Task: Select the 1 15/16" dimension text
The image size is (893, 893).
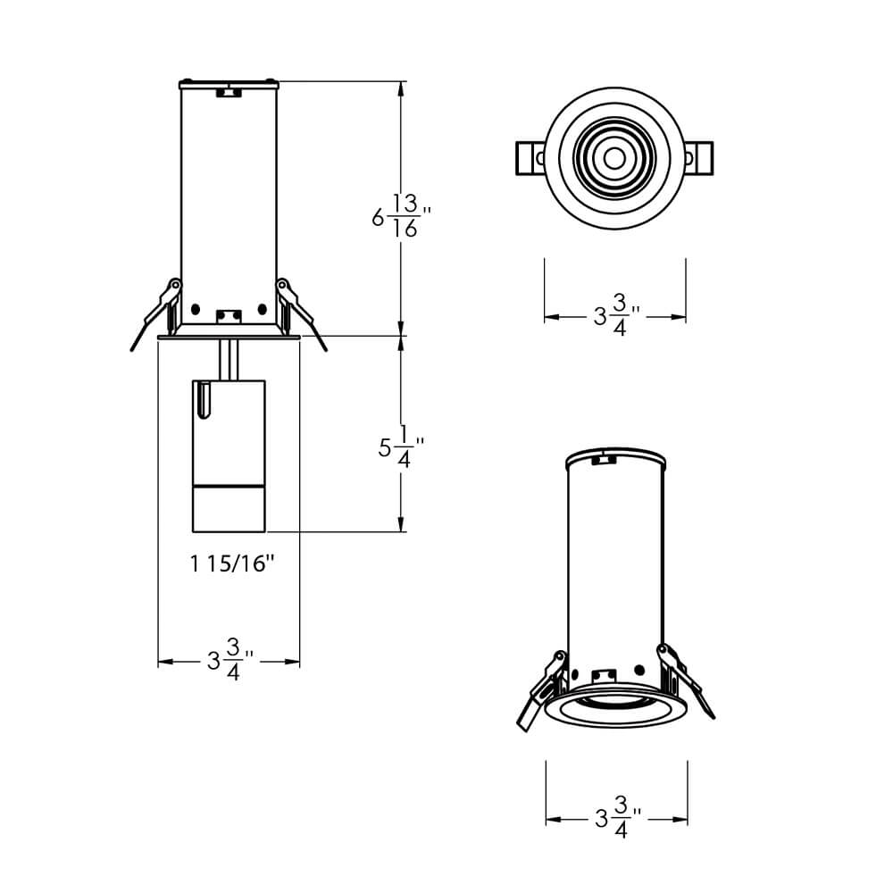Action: (x=230, y=563)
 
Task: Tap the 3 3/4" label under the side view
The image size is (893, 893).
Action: (x=230, y=662)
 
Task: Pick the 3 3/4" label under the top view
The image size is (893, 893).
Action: (x=616, y=316)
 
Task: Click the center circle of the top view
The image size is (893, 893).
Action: (x=614, y=158)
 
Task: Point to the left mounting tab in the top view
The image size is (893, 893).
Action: (x=530, y=158)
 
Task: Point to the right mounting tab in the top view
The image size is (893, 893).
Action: (x=700, y=158)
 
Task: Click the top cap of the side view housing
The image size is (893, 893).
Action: (x=230, y=85)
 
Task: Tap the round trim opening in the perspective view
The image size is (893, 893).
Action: (x=616, y=705)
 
